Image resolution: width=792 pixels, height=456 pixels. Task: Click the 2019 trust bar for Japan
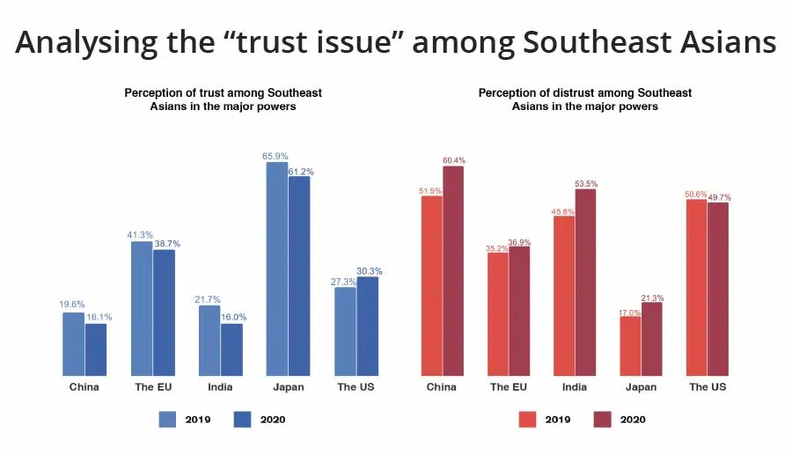click(276, 268)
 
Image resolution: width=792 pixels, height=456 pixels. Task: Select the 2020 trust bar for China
click(96, 349)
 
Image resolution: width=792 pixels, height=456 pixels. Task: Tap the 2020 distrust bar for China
click(453, 270)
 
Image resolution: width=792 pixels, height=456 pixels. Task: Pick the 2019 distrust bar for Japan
click(630, 346)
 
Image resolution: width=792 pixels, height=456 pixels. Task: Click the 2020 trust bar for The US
click(368, 326)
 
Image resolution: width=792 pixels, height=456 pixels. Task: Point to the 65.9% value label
click(275, 157)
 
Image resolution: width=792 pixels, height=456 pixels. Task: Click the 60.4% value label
click(453, 160)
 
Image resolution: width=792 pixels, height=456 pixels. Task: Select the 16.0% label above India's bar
click(233, 318)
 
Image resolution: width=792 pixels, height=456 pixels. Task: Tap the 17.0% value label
click(629, 311)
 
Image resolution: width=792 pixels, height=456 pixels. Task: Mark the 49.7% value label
click(718, 197)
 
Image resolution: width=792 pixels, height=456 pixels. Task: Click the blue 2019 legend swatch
click(168, 419)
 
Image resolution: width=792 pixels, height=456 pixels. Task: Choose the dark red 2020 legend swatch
click(603, 419)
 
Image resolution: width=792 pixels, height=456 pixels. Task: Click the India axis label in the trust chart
click(220, 387)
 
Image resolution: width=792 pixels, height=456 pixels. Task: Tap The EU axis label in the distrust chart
click(509, 387)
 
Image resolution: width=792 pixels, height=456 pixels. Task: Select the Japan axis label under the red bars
click(641, 387)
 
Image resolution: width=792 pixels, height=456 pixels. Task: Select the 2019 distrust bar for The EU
click(497, 314)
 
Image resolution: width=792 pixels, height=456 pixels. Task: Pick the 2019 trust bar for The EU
click(142, 308)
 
